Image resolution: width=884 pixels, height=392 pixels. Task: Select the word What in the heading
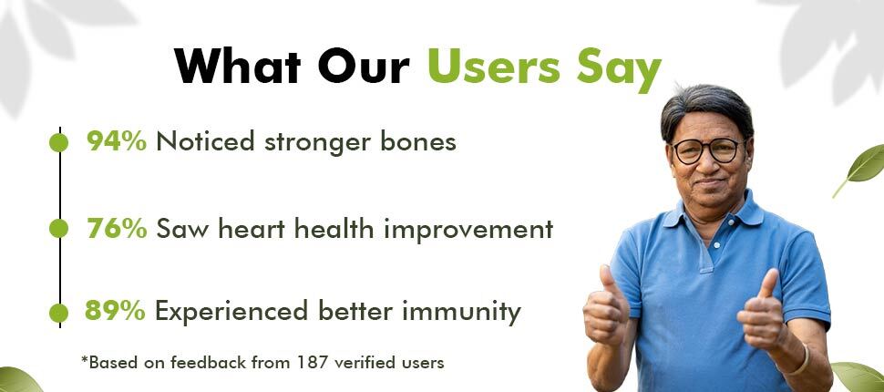[237, 66]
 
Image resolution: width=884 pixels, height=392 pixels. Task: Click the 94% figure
[116, 141]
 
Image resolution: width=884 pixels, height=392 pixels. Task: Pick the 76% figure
[117, 229]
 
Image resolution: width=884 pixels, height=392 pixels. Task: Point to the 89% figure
[115, 311]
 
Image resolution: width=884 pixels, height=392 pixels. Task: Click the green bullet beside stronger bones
[58, 142]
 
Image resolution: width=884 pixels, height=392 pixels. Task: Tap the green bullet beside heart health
[58, 229]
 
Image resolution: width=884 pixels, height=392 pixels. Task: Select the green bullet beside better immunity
[58, 313]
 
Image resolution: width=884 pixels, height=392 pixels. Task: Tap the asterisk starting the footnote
[85, 359]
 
